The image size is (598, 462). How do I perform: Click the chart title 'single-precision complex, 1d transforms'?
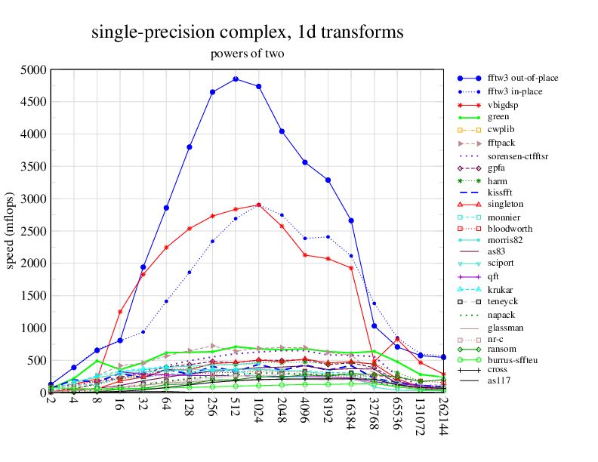click(x=247, y=32)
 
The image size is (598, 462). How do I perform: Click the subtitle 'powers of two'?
click(x=247, y=54)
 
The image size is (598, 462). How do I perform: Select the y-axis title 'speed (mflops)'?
click(x=11, y=231)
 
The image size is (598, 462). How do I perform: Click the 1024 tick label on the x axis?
click(x=259, y=408)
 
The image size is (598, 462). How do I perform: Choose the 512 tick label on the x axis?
click(x=236, y=405)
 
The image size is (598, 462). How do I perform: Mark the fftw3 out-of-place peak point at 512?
click(x=236, y=79)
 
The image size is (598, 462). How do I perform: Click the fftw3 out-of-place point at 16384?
click(x=351, y=220)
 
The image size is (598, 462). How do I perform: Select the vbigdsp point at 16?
click(x=120, y=312)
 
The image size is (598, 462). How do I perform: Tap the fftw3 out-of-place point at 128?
click(x=190, y=146)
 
